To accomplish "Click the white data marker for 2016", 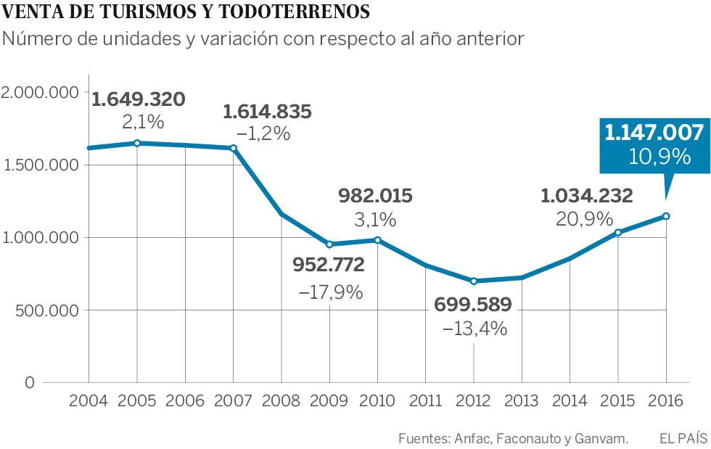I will click(666, 216).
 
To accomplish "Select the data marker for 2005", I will click(137, 143).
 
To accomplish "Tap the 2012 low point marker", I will click(474, 281).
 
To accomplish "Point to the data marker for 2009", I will click(329, 244).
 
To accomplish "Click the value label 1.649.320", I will click(139, 99).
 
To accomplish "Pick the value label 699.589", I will click(473, 305).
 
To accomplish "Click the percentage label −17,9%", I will click(330, 292).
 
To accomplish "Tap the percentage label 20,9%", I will click(584, 219).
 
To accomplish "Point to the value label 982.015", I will click(376, 196).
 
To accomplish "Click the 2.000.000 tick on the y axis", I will click(39, 92).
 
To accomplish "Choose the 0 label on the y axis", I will click(29, 383).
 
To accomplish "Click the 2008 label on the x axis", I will click(281, 400).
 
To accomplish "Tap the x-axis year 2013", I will click(522, 400).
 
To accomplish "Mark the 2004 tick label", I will click(89, 400).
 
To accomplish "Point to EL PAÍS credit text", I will click(683, 438).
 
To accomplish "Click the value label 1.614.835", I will click(267, 112).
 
